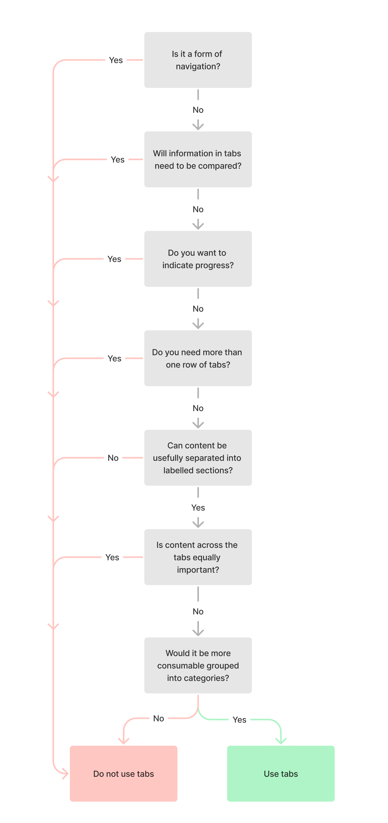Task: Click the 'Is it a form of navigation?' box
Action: coord(198,60)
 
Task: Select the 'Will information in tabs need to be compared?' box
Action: coord(198,160)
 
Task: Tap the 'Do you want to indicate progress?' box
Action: coord(198,259)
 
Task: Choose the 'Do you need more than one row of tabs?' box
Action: coord(198,358)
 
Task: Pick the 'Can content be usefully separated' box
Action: coord(198,458)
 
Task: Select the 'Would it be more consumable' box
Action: coord(198,665)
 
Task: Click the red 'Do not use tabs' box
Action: coord(123,774)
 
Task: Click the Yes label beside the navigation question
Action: coord(116,60)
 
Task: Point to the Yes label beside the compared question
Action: coord(117,160)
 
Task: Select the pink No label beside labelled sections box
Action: coord(113,458)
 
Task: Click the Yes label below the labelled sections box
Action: coord(198,507)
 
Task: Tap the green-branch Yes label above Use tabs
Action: coord(239,719)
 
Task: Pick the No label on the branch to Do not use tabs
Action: coord(159,718)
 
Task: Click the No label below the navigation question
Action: coord(198,110)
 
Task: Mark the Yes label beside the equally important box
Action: coord(112,557)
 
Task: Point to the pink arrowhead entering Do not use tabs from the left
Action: coord(65,774)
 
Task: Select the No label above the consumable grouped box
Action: coord(198,611)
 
